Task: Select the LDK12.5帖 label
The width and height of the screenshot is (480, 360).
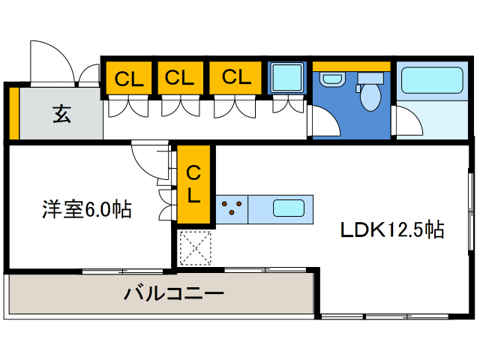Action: click(392, 229)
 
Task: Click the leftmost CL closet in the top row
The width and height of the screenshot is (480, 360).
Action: click(129, 77)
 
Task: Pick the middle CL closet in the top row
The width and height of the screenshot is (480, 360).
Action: click(180, 77)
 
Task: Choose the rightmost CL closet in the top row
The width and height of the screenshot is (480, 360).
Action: click(235, 77)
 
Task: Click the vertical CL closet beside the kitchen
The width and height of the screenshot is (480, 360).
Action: click(193, 185)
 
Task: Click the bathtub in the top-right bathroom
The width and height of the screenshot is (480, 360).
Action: click(431, 80)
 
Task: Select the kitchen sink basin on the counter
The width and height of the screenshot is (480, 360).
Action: click(288, 208)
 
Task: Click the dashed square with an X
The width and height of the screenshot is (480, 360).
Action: click(195, 247)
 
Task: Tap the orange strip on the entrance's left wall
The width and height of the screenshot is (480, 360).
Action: click(13, 114)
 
